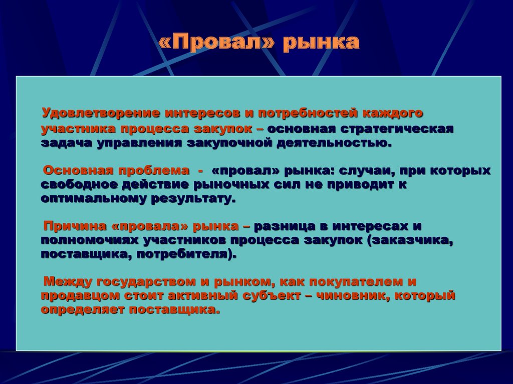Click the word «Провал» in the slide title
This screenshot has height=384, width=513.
click(216, 42)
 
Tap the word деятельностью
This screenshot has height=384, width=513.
click(334, 143)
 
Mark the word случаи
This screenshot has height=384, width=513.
click(366, 171)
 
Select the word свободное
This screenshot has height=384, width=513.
click(79, 185)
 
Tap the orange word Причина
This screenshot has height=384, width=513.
click(75, 226)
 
